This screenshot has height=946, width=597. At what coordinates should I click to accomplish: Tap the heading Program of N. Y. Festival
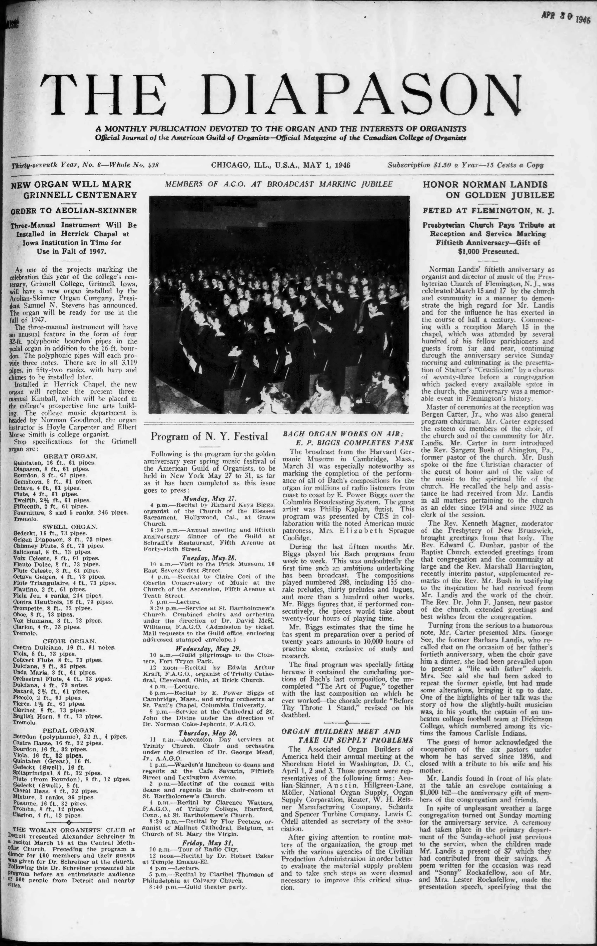coord(210,436)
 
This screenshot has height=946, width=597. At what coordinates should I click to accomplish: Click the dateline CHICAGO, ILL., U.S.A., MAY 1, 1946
coord(281,165)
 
